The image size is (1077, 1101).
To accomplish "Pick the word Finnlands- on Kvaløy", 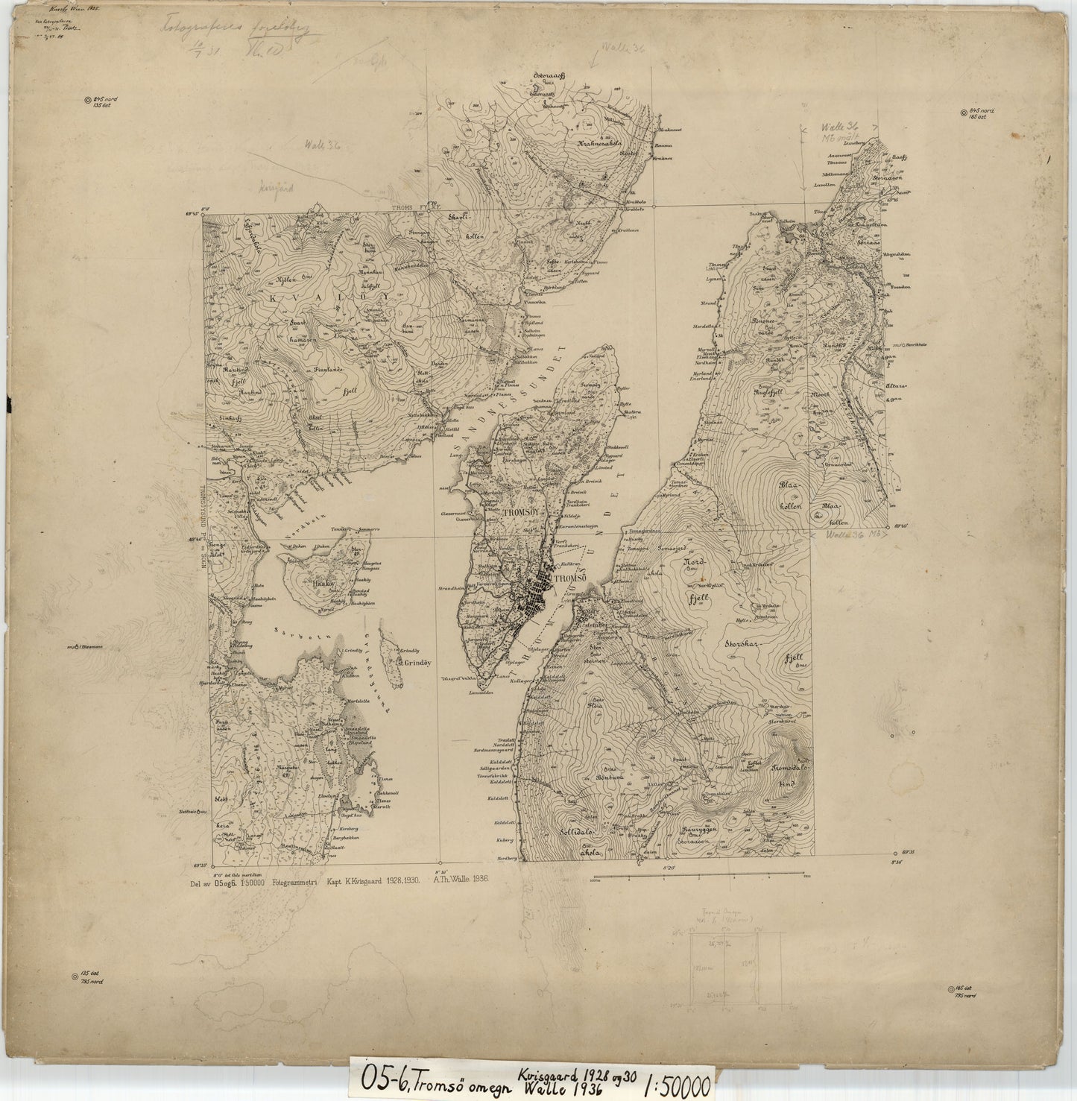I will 322,370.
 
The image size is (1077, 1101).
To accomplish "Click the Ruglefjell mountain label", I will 770,391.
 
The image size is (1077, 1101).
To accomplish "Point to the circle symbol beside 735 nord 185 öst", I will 951,990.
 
